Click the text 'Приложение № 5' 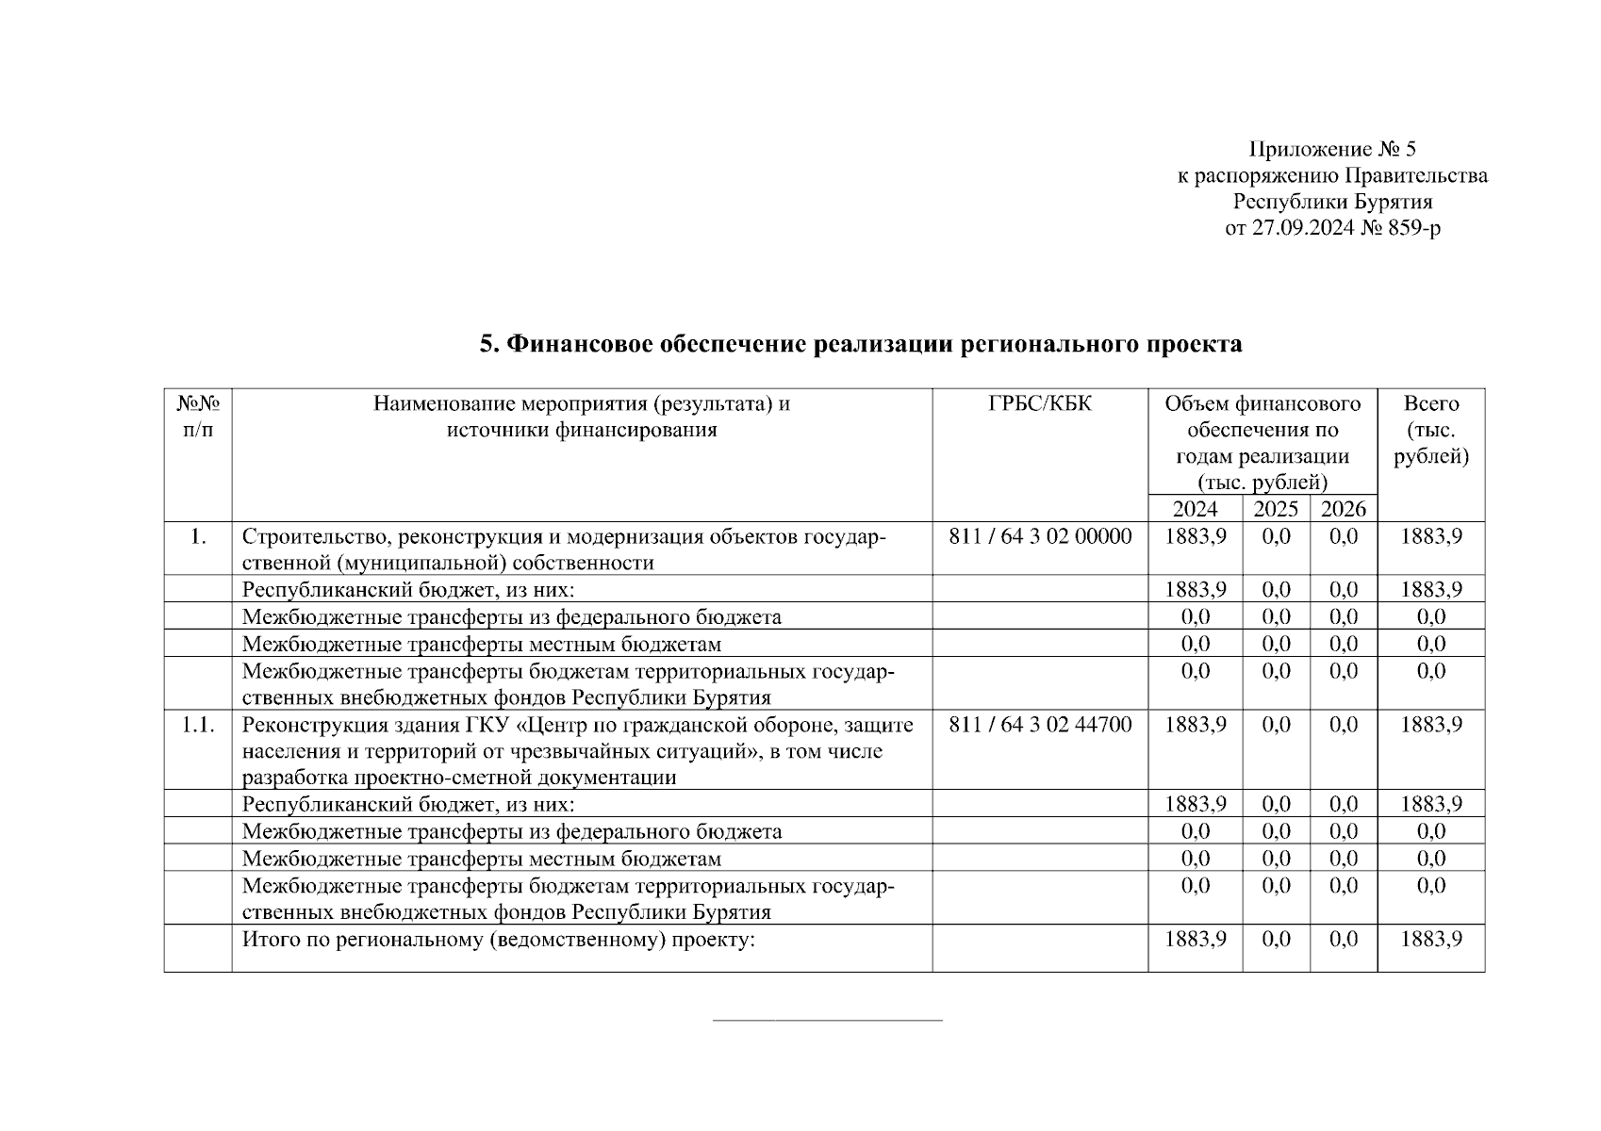point(1332,149)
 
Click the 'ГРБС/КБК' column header point(1040,404)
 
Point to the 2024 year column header point(1195,509)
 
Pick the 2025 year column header point(1276,509)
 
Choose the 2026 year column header point(1344,509)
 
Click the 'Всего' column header point(1431,404)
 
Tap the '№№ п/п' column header point(198,417)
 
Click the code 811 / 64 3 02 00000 point(1040,536)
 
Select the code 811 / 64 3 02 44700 point(1040,724)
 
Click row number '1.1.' point(198,724)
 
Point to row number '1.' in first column point(198,536)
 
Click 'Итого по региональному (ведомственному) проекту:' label point(500,940)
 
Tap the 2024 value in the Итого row point(1196,940)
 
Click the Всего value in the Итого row point(1431,940)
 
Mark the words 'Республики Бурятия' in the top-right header point(1332,202)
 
